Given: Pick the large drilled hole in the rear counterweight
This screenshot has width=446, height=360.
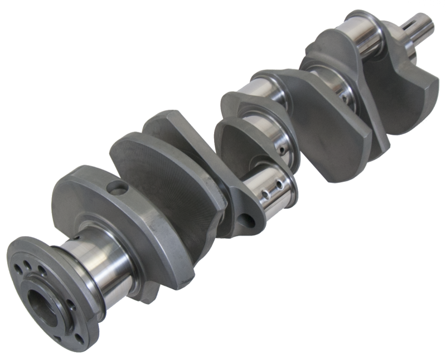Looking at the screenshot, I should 118,187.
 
